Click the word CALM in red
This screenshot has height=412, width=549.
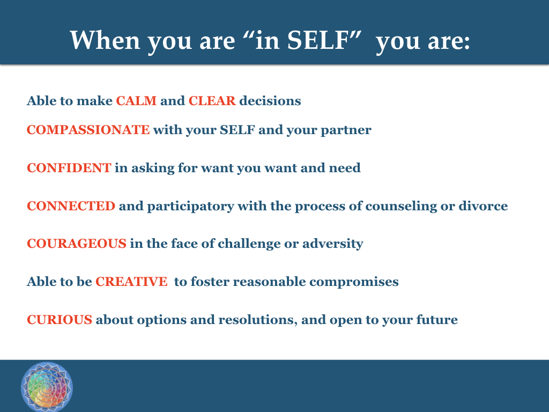pos(136,101)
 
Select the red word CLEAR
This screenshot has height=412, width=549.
pos(212,101)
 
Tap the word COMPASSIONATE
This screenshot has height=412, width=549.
pos(88,130)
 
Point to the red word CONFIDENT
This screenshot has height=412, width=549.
pos(69,168)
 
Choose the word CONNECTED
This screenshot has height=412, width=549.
pos(71,206)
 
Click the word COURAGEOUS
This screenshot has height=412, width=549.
pos(77,244)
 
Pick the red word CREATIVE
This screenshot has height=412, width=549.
pos(132,282)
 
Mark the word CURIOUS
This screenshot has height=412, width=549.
pos(60,320)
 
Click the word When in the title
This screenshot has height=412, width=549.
pos(106,40)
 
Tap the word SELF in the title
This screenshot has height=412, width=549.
pos(317,40)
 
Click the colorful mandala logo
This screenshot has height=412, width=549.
pos(47,387)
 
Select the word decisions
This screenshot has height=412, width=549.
pos(270,101)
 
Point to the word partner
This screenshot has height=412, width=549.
pos(346,130)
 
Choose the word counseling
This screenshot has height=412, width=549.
pos(401,207)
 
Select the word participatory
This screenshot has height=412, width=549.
pos(190,207)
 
